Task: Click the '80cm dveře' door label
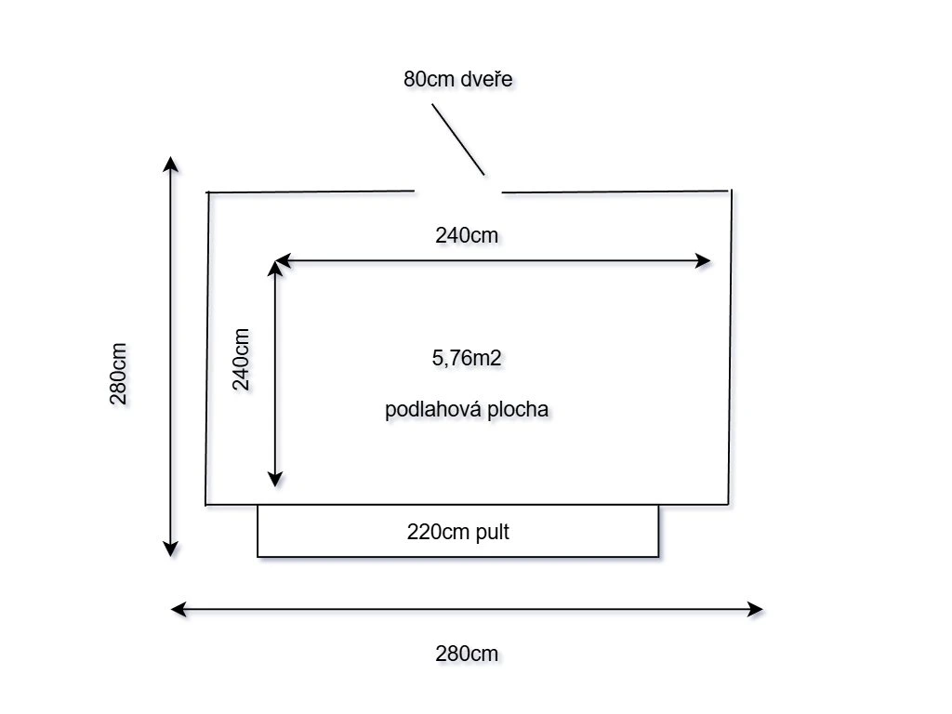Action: (458, 79)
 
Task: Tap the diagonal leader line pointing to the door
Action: (457, 139)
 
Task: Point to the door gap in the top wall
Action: (458, 192)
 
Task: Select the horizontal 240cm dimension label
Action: (467, 235)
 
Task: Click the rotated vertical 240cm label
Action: (242, 360)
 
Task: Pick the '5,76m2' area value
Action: (467, 358)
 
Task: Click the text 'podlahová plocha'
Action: (468, 409)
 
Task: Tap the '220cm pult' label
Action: (458, 533)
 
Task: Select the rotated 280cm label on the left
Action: (119, 374)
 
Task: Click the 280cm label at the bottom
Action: (467, 654)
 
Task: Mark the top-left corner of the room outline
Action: (207, 192)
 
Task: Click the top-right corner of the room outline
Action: (731, 191)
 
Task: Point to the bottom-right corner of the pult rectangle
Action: (658, 556)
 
